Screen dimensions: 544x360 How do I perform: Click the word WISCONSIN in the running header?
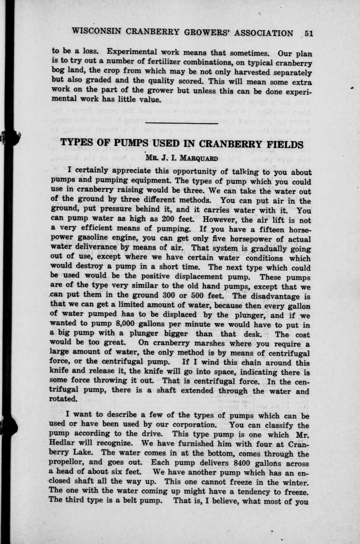[x=95, y=33]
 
